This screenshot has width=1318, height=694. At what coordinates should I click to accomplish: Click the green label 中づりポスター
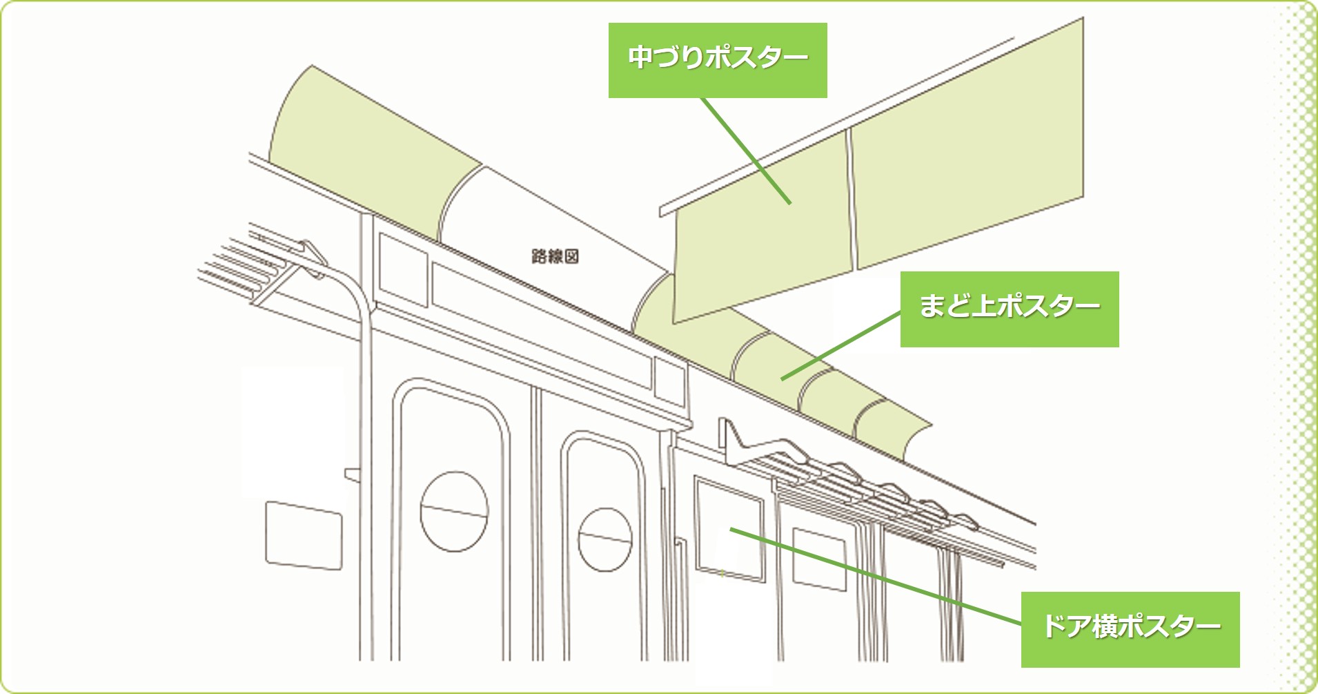(717, 59)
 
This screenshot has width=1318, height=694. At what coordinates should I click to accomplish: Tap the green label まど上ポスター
(1009, 308)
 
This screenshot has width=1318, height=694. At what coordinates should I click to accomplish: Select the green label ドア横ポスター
(1130, 628)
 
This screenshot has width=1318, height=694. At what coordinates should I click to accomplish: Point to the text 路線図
(555, 257)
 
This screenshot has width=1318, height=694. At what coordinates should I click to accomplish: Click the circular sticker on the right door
(604, 539)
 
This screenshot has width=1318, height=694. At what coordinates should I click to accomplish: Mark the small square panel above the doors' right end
(669, 382)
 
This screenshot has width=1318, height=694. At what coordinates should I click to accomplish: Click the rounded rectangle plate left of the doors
(304, 536)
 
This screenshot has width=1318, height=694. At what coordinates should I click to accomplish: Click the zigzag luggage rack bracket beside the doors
(738, 442)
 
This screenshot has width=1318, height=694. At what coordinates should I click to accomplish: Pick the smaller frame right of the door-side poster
(818, 559)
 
